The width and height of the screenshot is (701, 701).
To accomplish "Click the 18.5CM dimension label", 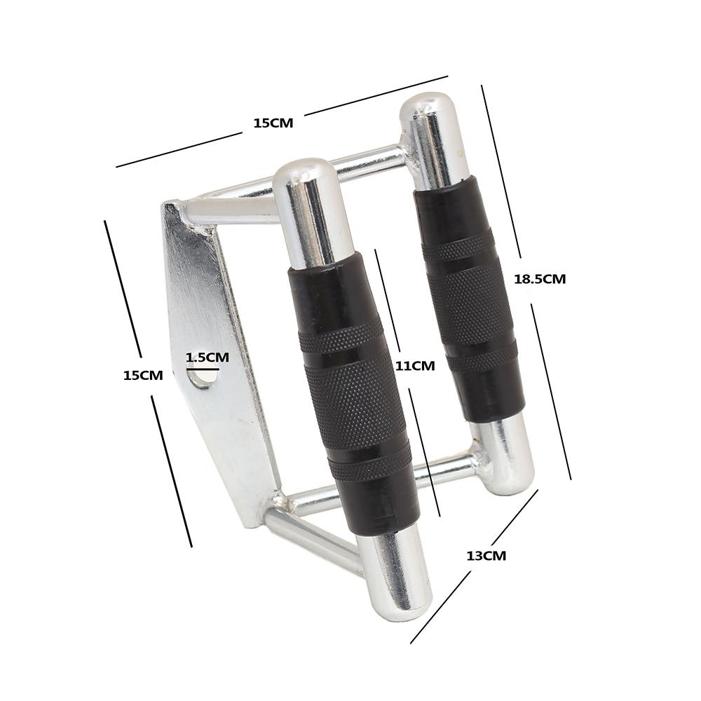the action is (540, 280).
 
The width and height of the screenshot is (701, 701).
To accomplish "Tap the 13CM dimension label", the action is (486, 556).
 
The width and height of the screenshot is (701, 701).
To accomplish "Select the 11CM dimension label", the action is (415, 366).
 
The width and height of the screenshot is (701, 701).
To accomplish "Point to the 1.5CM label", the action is (207, 358).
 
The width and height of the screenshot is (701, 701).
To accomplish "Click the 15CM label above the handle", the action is (273, 123).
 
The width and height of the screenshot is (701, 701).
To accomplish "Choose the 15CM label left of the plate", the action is (143, 376).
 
